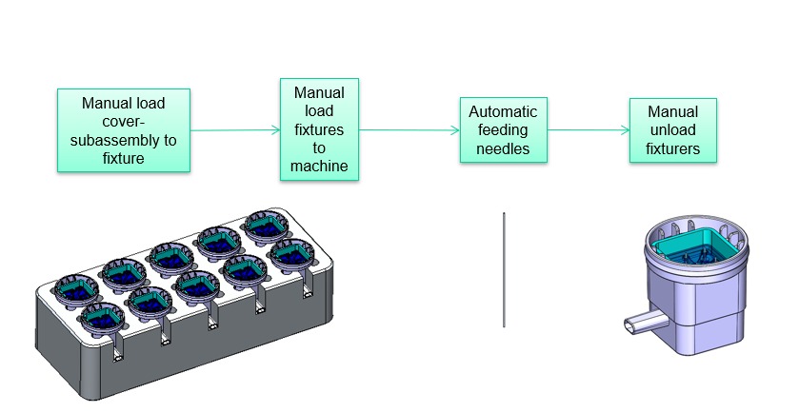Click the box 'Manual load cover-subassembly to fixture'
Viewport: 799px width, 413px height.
pos(124,130)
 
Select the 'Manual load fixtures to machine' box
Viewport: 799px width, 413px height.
pos(319,129)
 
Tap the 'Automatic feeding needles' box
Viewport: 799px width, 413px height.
pos(504,129)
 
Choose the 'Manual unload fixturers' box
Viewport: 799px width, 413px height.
pos(672,129)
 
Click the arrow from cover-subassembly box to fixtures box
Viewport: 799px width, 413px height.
pos(234,130)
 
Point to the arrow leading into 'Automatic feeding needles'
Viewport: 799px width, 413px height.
pos(409,130)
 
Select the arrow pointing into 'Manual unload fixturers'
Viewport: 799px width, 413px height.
pos(589,130)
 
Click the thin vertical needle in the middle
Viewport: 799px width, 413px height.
pos(504,270)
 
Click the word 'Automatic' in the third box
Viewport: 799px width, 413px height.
pos(504,110)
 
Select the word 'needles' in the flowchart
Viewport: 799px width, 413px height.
pos(504,148)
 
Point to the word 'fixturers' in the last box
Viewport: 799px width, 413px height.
pos(672,148)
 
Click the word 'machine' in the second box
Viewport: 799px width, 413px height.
pos(319,167)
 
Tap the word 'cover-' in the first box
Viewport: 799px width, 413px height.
pos(124,122)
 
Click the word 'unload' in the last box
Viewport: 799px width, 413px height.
pos(672,130)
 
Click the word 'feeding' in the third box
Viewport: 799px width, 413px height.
pos(504,129)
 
